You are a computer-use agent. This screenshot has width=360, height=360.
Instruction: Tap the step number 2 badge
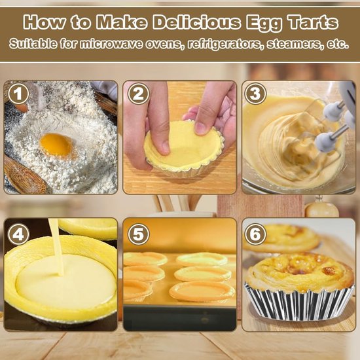[137, 94]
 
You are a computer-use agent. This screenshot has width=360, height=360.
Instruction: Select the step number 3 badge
[256, 94]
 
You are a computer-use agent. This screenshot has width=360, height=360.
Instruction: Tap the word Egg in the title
[264, 23]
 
